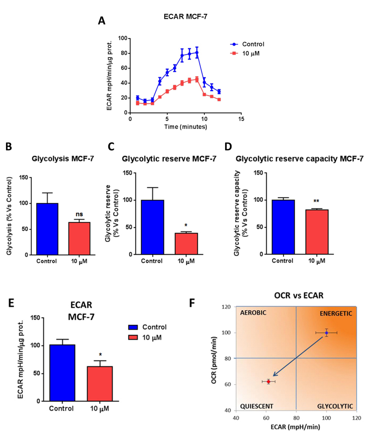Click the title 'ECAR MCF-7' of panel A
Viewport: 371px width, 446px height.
[185, 16]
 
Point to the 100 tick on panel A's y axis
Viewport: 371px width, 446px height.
[121, 38]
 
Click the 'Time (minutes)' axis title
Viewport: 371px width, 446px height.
[186, 127]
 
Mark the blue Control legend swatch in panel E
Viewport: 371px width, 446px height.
[132, 328]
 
